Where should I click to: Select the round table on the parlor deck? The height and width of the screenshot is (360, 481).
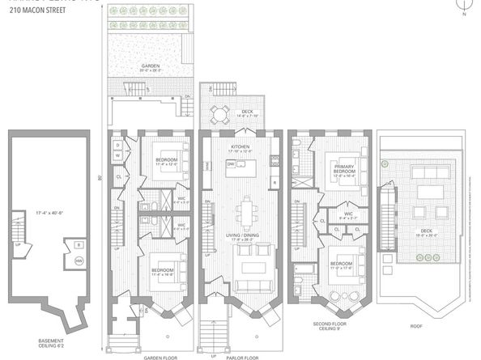(x=219, y=112)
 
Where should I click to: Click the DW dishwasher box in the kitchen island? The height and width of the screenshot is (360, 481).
(x=232, y=163)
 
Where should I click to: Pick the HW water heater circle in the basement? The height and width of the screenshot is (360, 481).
(x=79, y=260)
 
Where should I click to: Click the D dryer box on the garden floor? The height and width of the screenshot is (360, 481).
(x=117, y=145)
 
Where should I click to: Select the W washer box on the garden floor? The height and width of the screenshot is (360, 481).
(x=117, y=155)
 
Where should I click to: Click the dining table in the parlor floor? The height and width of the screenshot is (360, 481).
(x=244, y=214)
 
